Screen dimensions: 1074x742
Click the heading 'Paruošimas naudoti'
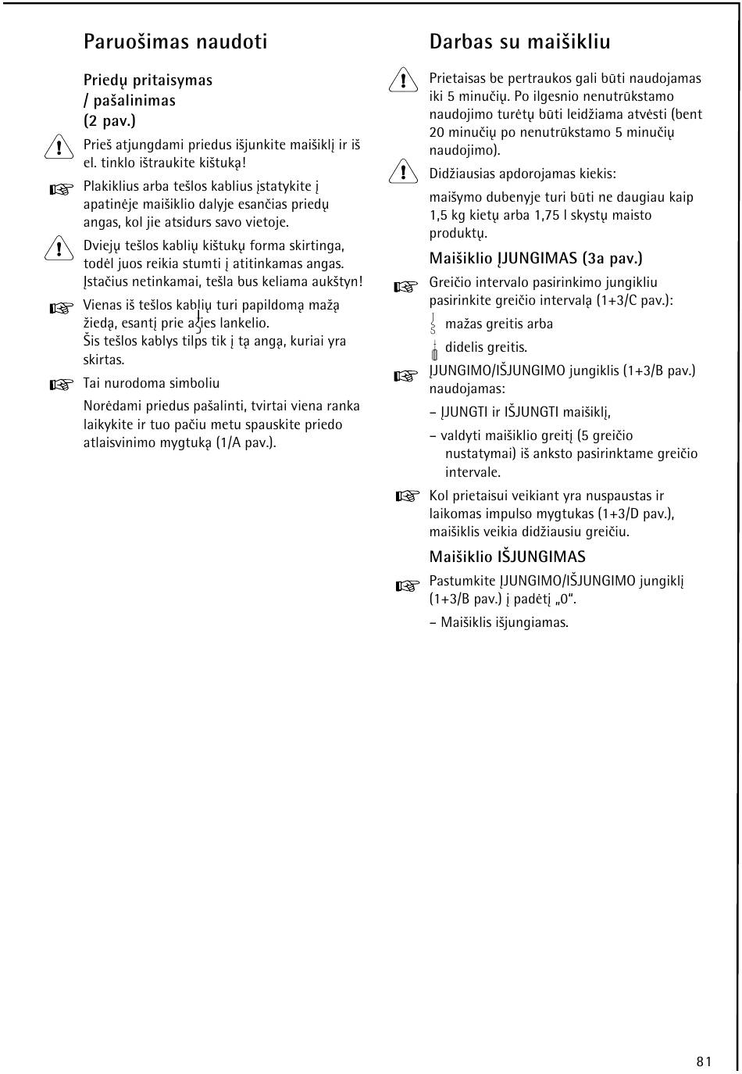[x=175, y=42]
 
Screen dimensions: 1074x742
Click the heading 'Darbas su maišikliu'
[x=519, y=42]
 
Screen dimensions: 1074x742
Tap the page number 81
[x=704, y=1061]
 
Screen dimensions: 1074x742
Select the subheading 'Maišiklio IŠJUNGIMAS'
[x=507, y=557]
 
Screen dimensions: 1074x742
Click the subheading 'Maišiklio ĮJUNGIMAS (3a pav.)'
[x=536, y=258]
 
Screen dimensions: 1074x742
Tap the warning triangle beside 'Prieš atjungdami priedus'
[x=57, y=146]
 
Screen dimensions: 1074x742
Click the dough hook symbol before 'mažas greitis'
[x=433, y=324]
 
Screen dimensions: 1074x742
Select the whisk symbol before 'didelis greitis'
[x=434, y=349]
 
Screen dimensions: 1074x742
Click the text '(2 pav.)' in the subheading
[x=109, y=120]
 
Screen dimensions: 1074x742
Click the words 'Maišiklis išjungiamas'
[x=505, y=622]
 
